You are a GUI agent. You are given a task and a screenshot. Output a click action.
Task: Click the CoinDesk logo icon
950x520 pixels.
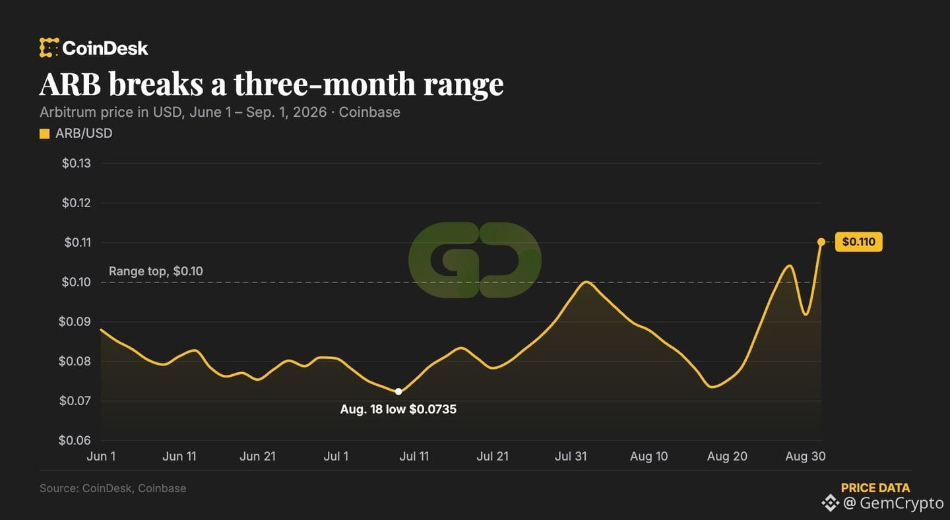click(49, 48)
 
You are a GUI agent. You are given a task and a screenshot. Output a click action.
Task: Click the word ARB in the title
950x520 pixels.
click(70, 84)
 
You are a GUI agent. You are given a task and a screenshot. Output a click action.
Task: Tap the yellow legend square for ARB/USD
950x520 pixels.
click(45, 134)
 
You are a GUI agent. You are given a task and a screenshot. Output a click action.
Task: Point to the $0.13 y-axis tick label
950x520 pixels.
click(77, 163)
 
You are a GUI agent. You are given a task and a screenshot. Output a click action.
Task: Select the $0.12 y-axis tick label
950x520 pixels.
click(77, 203)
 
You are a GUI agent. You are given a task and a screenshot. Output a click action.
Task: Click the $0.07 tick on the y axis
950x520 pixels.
click(75, 401)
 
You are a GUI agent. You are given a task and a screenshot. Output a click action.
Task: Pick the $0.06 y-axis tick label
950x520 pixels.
click(75, 440)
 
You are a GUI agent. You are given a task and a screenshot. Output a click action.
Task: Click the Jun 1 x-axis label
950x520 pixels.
click(101, 457)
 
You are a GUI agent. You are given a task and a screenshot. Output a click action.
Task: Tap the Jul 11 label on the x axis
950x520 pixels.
click(414, 457)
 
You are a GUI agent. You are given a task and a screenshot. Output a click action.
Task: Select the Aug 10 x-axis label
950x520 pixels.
click(649, 457)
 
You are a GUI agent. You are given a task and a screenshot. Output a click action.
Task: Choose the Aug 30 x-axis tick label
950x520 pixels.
click(806, 457)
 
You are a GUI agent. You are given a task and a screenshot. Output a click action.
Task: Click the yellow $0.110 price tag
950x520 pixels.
click(859, 242)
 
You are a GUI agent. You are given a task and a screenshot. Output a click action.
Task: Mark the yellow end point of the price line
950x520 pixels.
click(821, 242)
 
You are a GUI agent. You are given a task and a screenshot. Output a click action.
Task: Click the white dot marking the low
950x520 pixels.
click(398, 391)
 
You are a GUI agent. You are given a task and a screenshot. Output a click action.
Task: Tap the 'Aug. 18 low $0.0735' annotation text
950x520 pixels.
click(398, 409)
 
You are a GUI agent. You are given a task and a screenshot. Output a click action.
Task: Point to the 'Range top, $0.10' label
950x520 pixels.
click(156, 271)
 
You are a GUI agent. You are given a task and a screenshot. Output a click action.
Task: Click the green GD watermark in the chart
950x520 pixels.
click(475, 259)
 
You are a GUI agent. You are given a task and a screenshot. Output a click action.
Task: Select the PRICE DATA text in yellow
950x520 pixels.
click(875, 488)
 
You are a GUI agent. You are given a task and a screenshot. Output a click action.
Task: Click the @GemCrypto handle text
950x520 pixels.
click(893, 503)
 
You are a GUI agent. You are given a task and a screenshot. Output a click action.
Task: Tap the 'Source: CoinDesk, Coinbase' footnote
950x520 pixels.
click(113, 488)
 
